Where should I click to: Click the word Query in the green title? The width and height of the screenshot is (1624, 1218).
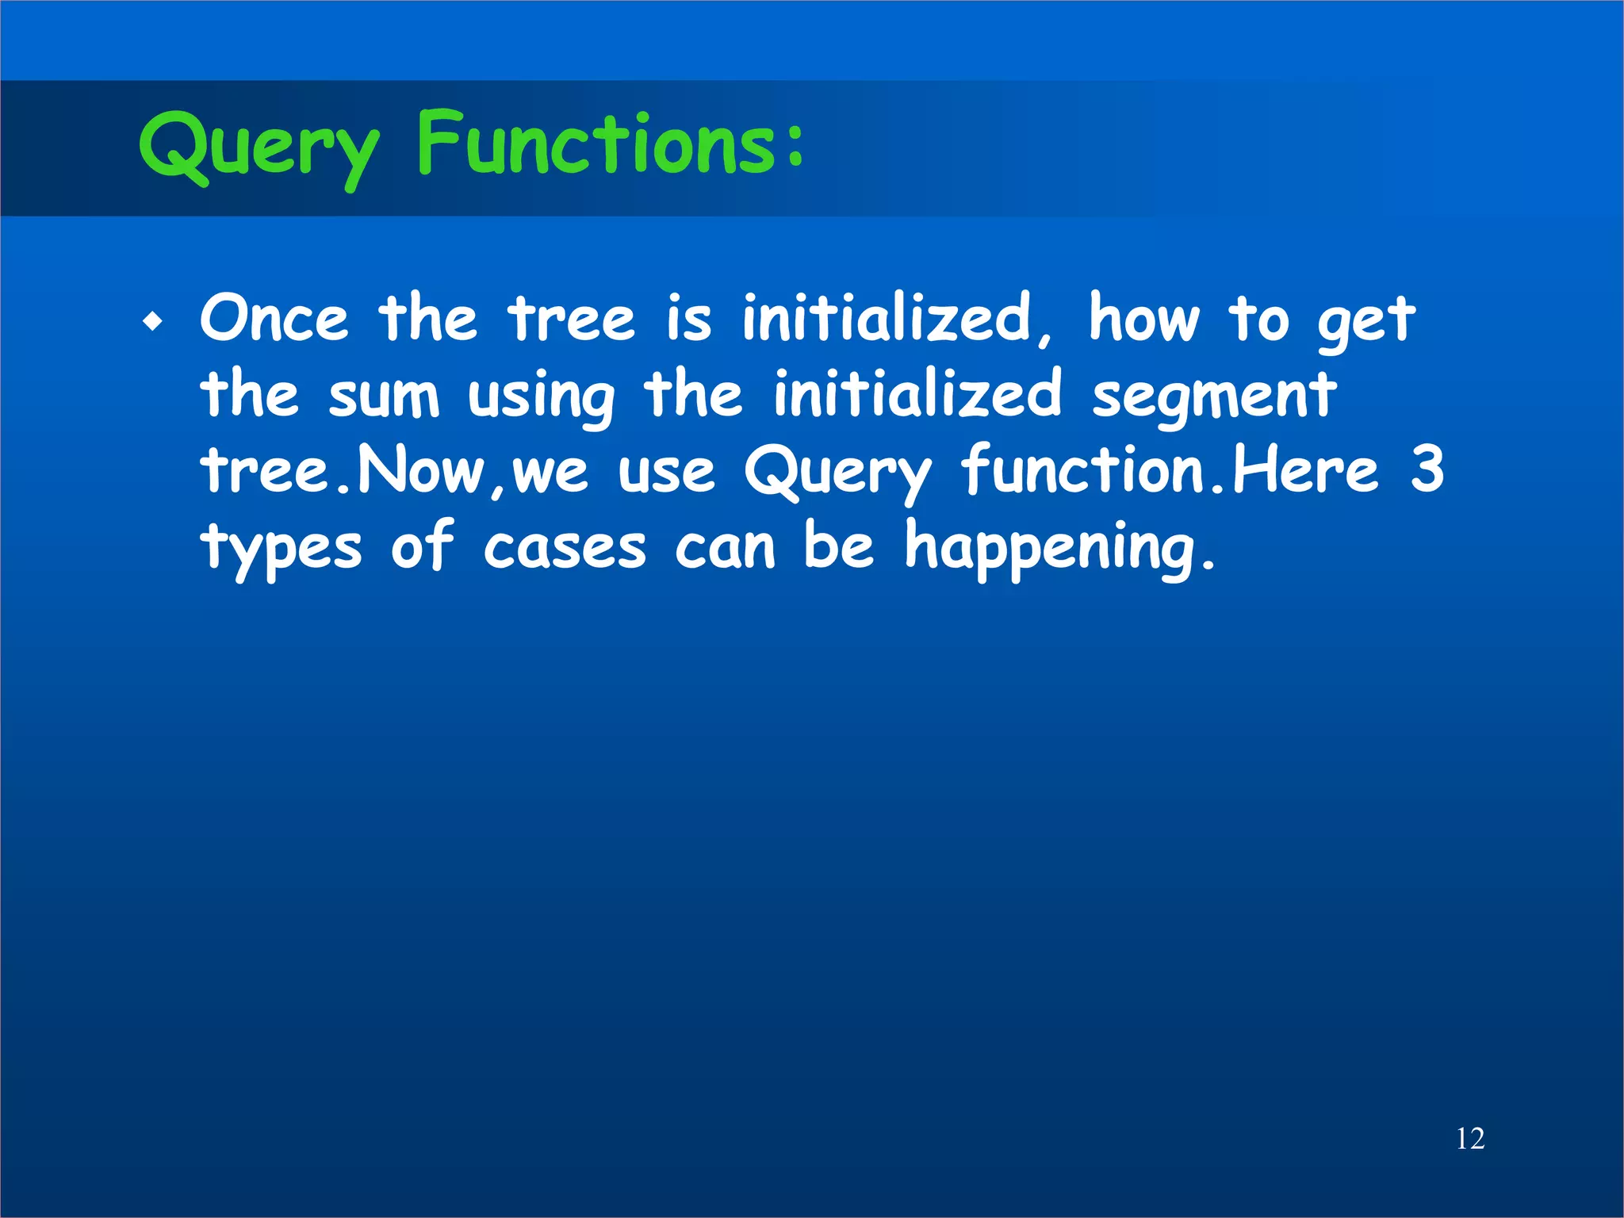tap(258, 147)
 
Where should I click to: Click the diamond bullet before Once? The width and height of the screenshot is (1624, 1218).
tap(153, 323)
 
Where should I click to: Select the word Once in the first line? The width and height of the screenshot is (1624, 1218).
tap(274, 319)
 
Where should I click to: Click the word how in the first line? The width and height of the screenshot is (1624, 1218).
tap(1144, 319)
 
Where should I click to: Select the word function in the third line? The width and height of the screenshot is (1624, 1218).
tap(1083, 469)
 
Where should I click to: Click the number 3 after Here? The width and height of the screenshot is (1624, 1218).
tap(1427, 469)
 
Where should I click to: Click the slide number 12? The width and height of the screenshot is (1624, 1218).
tap(1470, 1139)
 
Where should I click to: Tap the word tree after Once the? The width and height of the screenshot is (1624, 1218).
tap(572, 319)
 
